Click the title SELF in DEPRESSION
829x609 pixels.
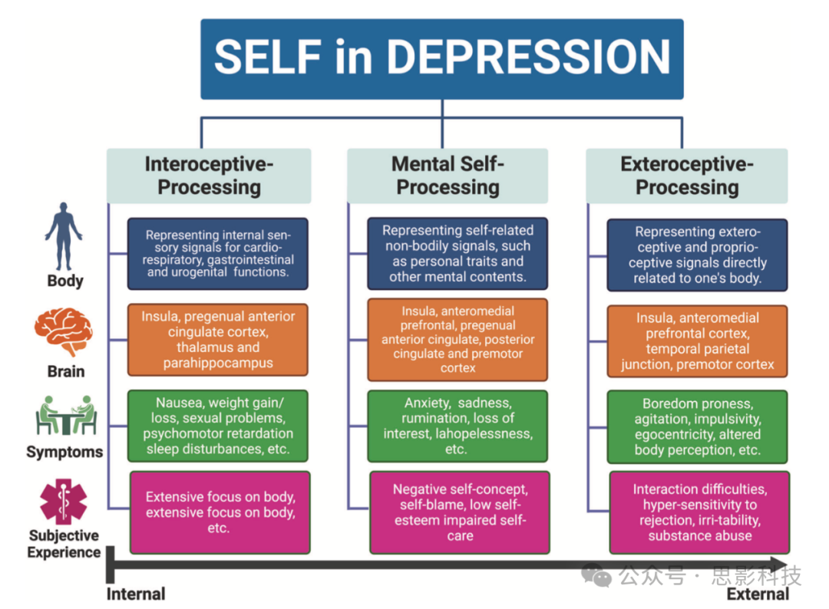point(441,58)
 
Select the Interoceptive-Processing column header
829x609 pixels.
point(209,176)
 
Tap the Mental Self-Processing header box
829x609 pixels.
point(448,176)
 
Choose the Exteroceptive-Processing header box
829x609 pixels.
point(687,176)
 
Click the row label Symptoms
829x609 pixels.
point(64,452)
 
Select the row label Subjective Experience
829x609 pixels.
point(64,544)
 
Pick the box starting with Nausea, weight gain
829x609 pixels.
point(218,426)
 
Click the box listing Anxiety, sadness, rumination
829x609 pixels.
point(457,426)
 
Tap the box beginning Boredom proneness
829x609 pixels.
point(697,426)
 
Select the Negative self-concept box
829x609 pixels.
point(459,512)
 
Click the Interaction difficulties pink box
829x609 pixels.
point(699,512)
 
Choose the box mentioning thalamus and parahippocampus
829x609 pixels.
point(218,339)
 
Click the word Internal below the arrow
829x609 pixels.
point(136,594)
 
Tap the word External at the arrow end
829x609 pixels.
point(758,594)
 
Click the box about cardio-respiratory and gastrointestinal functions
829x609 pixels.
point(218,254)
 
